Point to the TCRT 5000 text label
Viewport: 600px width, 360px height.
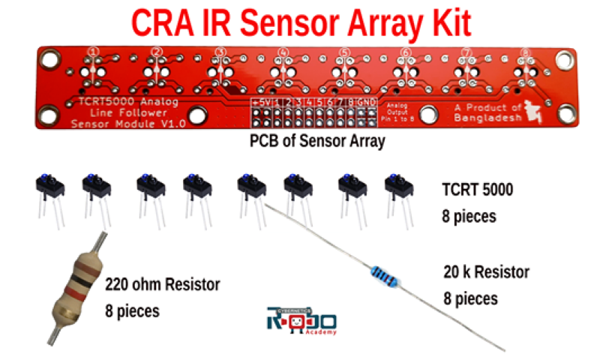477,190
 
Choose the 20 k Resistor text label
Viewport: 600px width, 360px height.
485,271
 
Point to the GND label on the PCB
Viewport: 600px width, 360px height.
366,101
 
